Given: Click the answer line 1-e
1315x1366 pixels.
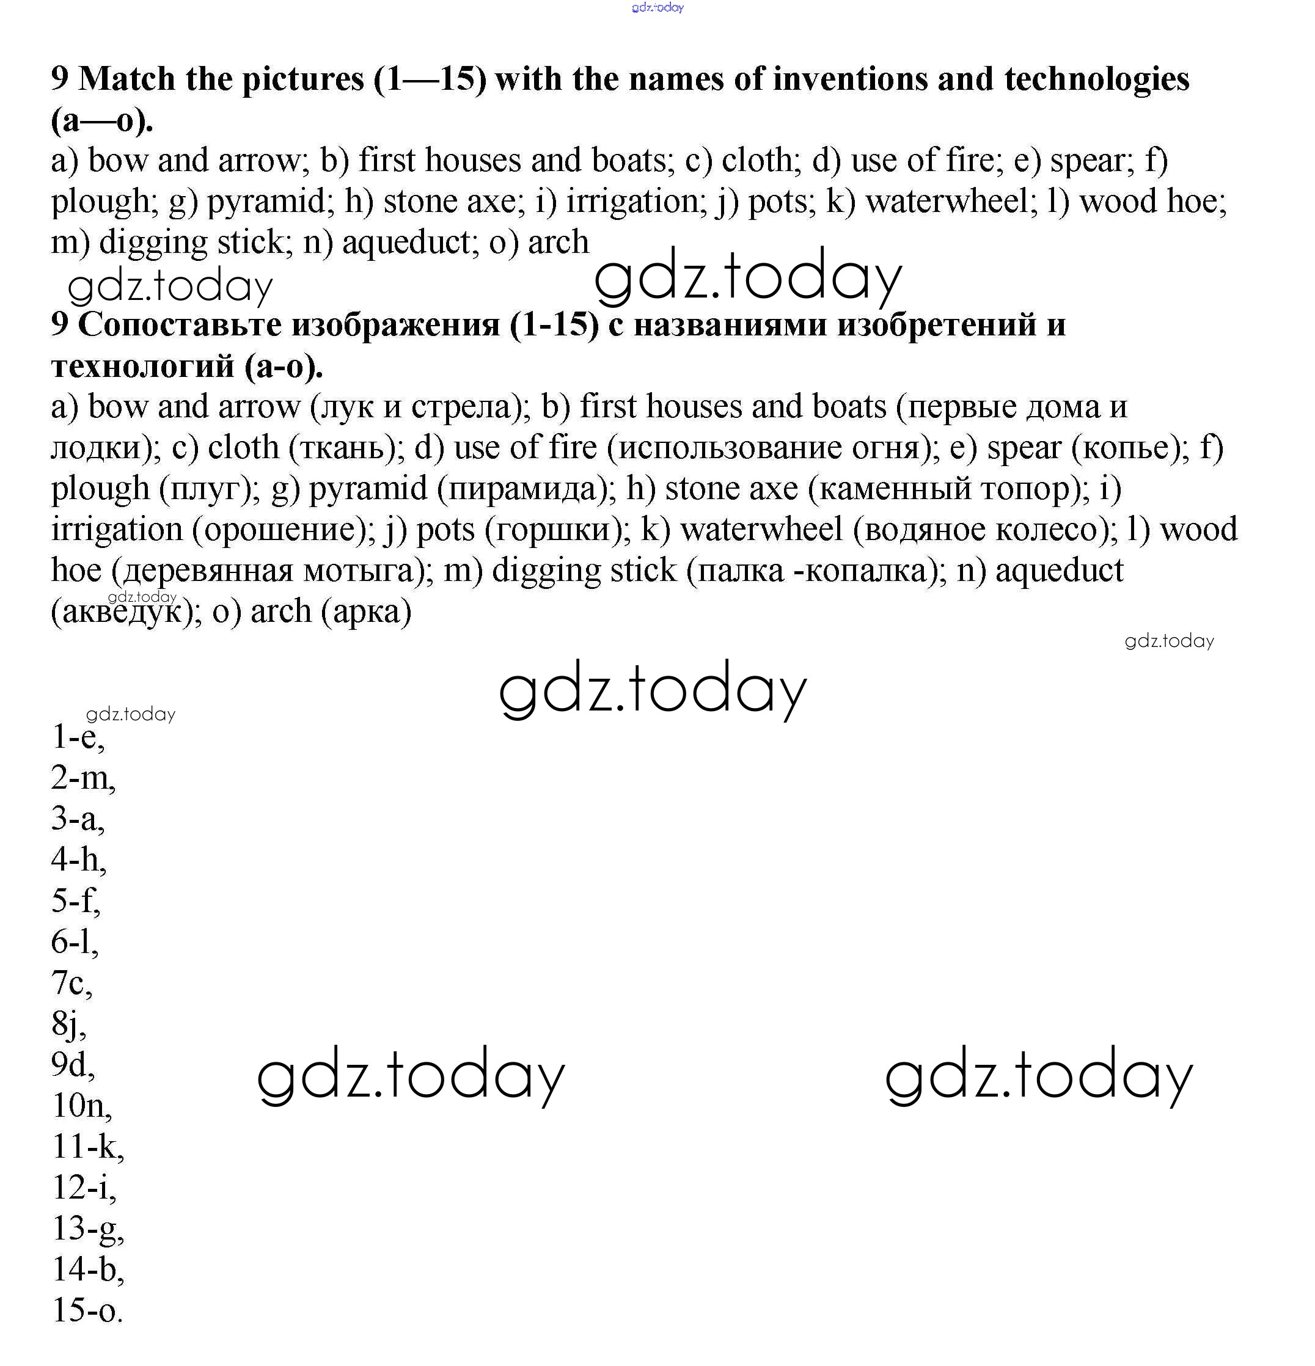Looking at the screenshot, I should (78, 737).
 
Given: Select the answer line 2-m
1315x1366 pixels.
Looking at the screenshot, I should (82, 778).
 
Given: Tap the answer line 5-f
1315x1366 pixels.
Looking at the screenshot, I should (75, 900).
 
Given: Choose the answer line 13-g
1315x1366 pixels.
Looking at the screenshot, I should (88, 1229).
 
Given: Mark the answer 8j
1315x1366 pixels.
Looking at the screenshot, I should (68, 1024).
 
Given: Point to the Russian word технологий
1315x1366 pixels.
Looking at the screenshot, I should (142, 366).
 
